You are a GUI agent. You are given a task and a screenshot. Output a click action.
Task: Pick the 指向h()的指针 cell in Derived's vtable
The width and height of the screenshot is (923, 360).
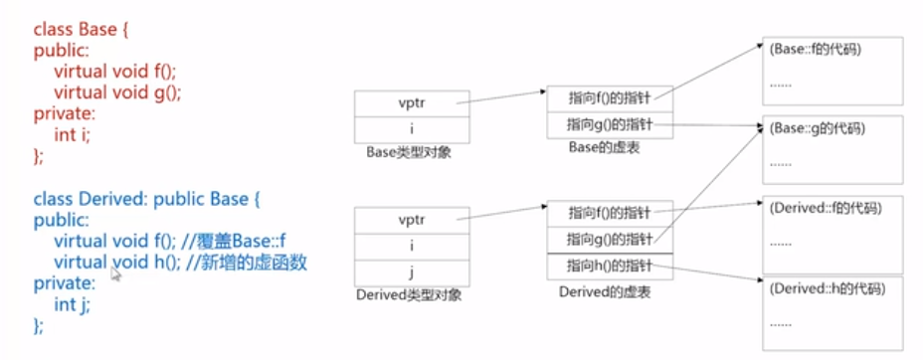(x=610, y=266)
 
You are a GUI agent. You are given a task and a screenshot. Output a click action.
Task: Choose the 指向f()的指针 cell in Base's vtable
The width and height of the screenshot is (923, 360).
(x=610, y=98)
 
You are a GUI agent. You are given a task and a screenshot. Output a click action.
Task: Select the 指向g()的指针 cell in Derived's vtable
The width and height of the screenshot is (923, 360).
(x=610, y=239)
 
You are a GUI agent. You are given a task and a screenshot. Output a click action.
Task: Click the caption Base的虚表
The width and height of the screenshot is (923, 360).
(x=608, y=146)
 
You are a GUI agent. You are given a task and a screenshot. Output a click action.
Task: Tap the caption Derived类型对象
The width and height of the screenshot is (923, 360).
(x=409, y=295)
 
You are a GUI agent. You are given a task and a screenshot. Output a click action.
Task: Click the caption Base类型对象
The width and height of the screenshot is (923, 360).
(x=409, y=151)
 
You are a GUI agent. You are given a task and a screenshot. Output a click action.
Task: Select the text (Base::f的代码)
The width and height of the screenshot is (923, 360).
(x=815, y=49)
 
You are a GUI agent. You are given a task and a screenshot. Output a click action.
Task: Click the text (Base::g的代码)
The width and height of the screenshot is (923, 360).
(x=816, y=129)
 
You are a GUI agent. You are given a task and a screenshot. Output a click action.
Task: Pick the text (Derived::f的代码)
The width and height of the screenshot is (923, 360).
(x=825, y=208)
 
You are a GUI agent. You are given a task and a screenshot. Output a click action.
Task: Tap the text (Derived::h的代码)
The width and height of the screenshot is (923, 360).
(x=826, y=288)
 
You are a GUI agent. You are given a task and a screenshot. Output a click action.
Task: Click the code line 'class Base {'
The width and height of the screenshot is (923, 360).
(x=82, y=31)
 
